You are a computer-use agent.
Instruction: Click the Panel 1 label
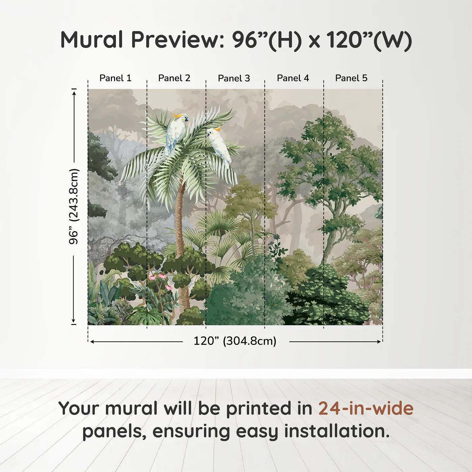pos(115,78)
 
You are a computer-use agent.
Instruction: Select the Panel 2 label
pos(174,78)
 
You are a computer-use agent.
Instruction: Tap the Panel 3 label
pos(234,78)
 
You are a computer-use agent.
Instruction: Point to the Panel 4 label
pos(293,78)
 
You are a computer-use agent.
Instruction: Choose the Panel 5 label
pos(351,78)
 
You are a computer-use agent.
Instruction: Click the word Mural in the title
pos(91,40)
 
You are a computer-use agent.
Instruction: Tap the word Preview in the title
pos(178,40)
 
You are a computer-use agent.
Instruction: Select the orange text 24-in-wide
pos(366,408)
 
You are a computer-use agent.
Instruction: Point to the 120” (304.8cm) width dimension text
pos(235,341)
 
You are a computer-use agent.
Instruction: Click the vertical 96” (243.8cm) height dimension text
pos(73,206)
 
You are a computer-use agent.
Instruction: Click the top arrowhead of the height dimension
pos(74,92)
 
